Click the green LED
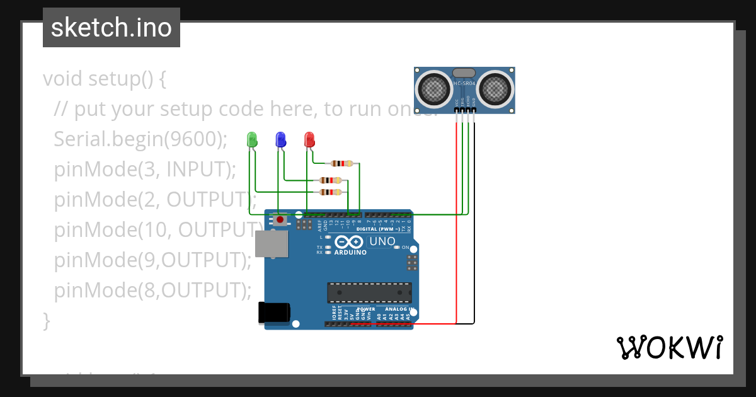tap(252, 139)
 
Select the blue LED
tap(280, 139)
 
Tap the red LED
tap(309, 139)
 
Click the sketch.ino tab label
tap(112, 28)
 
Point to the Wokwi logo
tap(669, 347)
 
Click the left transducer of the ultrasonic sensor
tap(435, 89)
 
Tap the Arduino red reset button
tap(279, 219)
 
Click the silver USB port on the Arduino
tap(272, 244)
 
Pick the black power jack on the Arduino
tap(275, 313)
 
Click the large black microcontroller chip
tap(369, 293)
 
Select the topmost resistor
tap(342, 164)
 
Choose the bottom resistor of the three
tap(330, 192)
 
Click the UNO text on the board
tap(382, 241)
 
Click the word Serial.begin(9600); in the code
tap(140, 139)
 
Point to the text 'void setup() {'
tap(105, 79)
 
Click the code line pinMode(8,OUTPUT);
tap(152, 290)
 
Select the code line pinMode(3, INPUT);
tap(145, 170)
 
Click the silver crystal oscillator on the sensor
tap(464, 74)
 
